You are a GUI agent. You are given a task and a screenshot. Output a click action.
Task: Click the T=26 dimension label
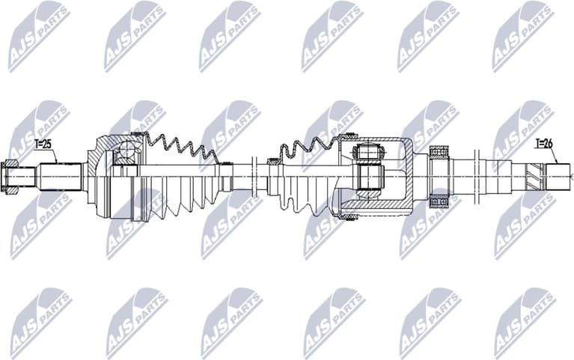coord(544,143)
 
